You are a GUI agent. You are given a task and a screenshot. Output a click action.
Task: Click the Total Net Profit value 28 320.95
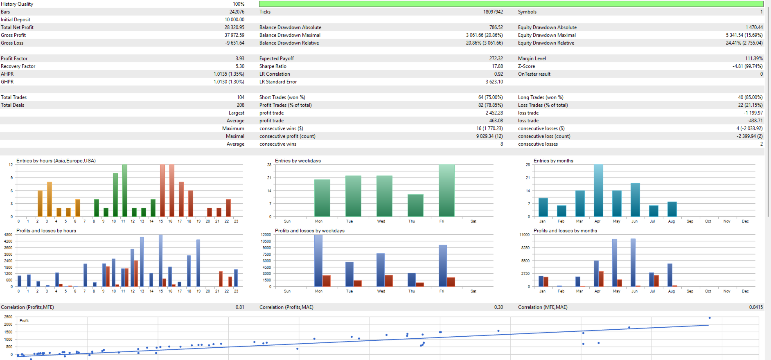(234, 27)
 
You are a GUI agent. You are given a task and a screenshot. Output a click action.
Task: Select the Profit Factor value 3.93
(240, 59)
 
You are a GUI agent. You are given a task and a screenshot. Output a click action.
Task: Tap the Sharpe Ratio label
(273, 66)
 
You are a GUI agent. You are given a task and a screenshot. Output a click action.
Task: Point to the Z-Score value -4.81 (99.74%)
(747, 66)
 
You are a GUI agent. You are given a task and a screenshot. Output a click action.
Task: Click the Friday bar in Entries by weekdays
(446, 191)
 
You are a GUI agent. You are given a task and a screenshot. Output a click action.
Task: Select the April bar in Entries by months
(598, 191)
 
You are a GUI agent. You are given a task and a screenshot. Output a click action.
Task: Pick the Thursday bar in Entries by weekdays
(415, 205)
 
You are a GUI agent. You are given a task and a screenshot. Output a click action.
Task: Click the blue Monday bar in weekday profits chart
(318, 261)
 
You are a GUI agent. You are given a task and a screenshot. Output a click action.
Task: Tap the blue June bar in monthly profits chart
(633, 263)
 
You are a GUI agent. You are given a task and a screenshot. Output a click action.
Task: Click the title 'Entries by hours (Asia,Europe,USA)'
(56, 161)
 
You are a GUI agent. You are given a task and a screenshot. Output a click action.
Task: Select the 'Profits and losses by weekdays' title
(309, 231)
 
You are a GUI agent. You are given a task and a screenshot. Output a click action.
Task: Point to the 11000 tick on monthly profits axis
(524, 235)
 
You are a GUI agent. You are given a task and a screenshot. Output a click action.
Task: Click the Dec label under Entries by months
(745, 221)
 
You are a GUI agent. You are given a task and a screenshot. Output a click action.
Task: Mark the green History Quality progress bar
(511, 4)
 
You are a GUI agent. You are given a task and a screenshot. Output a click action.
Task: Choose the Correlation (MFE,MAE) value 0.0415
(756, 307)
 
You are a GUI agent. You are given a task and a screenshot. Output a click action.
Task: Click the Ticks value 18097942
(493, 12)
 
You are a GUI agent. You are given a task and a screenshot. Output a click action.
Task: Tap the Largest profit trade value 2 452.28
(494, 113)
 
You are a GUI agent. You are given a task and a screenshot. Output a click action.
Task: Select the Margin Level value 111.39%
(754, 59)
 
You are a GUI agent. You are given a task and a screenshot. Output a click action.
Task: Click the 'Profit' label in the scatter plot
(24, 321)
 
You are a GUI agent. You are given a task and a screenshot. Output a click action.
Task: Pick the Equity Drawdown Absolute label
(547, 27)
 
